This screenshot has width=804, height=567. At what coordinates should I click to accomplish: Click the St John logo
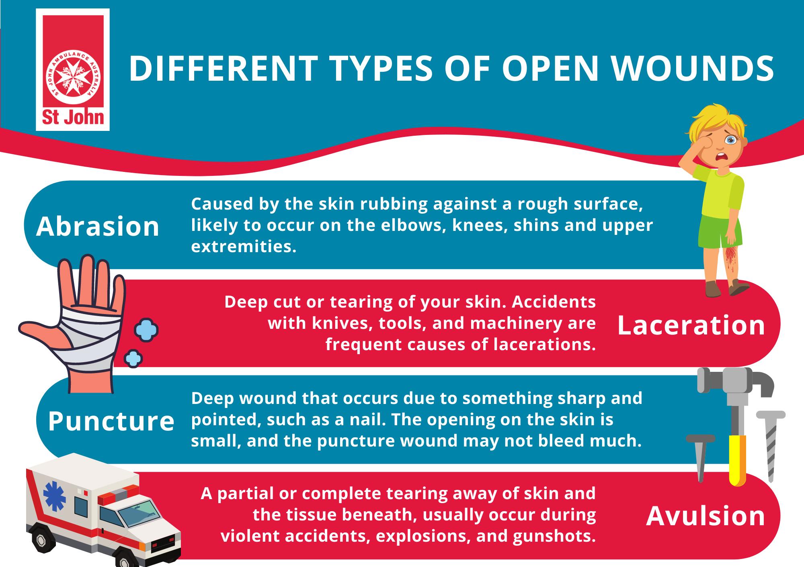pyautogui.click(x=73, y=70)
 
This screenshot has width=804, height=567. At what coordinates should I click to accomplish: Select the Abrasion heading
pyautogui.click(x=98, y=226)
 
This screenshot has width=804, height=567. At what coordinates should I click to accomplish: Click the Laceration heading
pyautogui.click(x=691, y=325)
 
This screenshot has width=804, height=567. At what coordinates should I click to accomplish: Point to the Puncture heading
pyautogui.click(x=111, y=422)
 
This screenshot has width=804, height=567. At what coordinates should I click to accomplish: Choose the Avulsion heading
pyautogui.click(x=706, y=516)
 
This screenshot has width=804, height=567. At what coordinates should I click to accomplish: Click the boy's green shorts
pyautogui.click(x=722, y=230)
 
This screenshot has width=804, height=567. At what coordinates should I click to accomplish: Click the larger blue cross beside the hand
pyautogui.click(x=146, y=330)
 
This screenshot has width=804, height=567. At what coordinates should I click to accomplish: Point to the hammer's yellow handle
pyautogui.click(x=737, y=460)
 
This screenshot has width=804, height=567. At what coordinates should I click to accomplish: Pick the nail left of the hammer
pyautogui.click(x=701, y=458)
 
